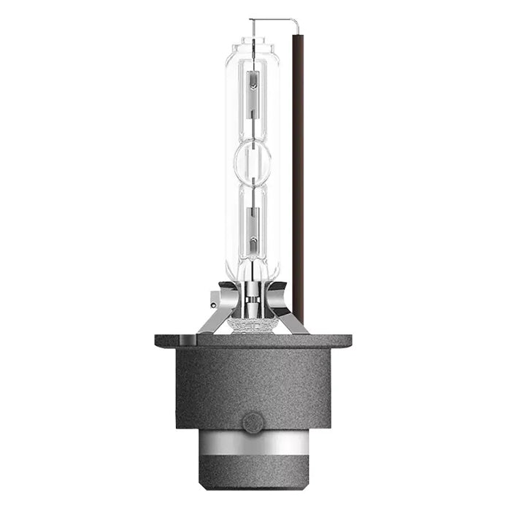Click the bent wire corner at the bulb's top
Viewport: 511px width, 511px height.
click(295, 20)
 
